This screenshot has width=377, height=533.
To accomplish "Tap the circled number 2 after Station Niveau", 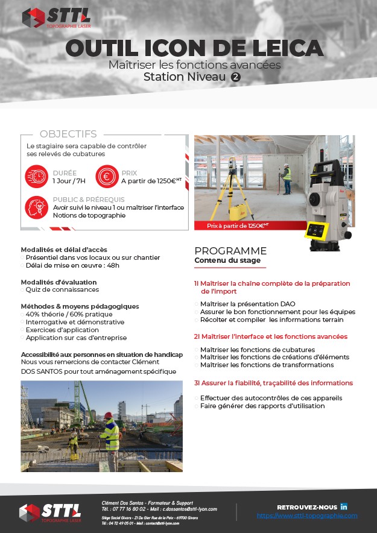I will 236,77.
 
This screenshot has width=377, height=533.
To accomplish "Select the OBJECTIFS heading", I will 68,134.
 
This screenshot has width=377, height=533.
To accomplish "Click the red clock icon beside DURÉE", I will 37,176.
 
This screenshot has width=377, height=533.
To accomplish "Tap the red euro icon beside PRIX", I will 106,176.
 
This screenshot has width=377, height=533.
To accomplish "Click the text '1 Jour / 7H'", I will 69,180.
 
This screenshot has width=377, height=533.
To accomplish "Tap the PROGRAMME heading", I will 230,251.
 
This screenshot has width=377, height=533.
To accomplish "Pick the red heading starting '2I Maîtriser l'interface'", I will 270,336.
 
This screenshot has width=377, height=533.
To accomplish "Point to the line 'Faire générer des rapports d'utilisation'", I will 262,406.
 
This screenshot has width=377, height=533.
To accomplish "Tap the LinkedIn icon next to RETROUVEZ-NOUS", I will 344,506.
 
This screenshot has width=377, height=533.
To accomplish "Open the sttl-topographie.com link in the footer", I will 306,516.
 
